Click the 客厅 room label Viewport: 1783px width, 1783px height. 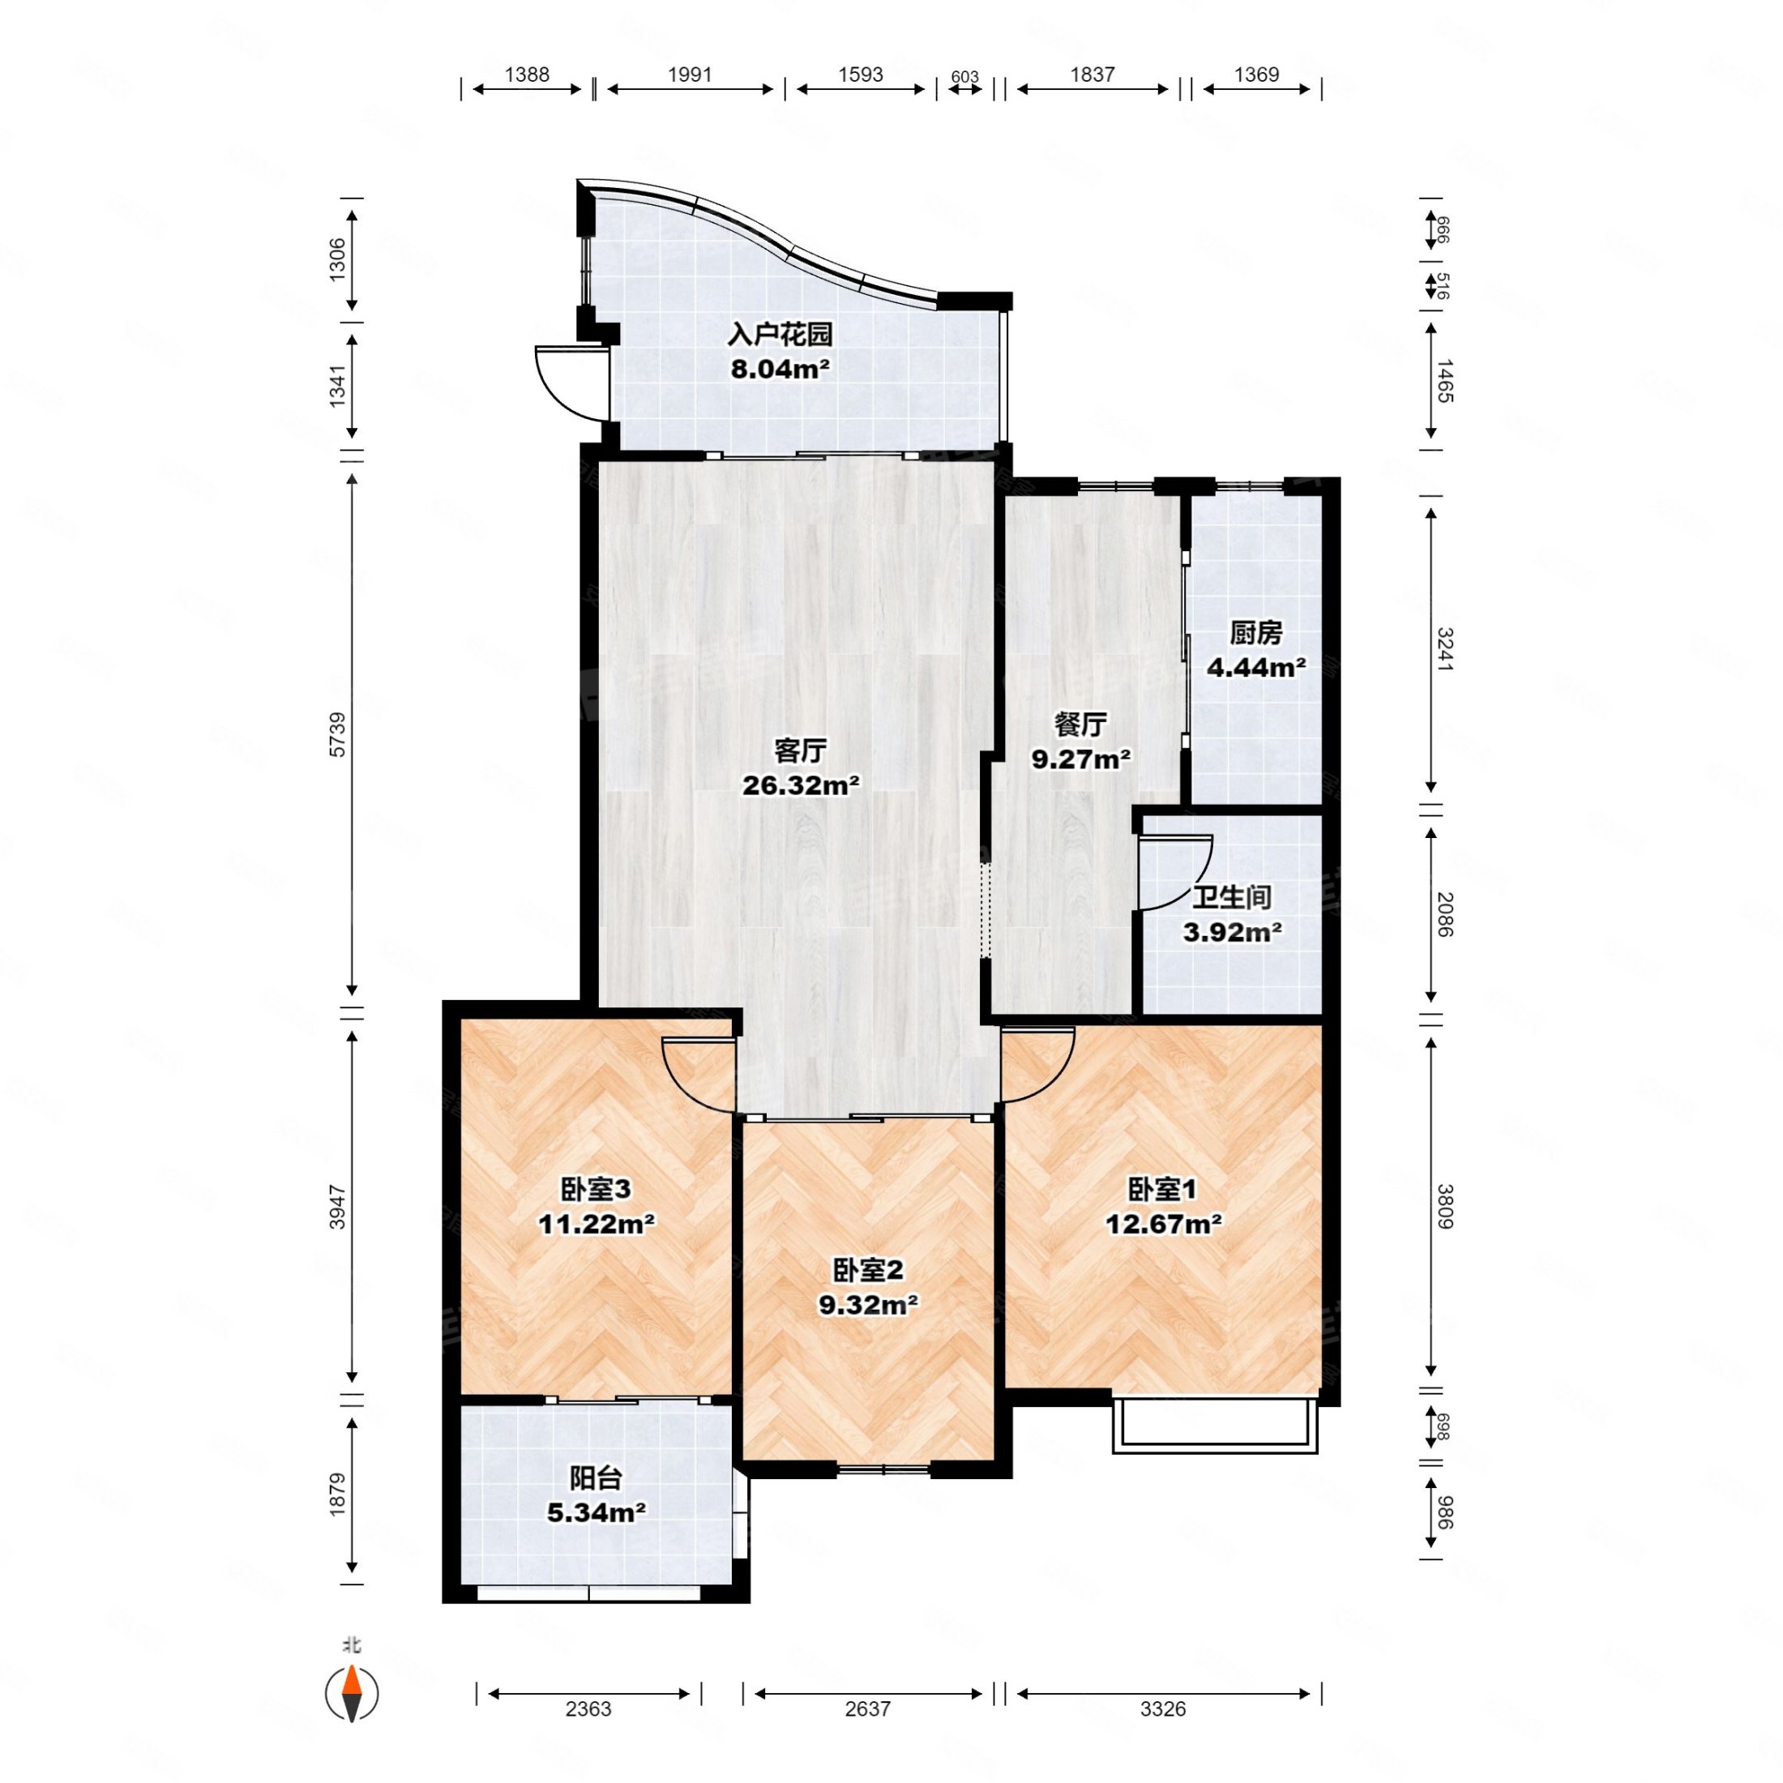[800, 751]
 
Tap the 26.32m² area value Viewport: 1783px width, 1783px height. [801, 786]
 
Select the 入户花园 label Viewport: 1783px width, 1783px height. [780, 334]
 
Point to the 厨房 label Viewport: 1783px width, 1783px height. [1256, 633]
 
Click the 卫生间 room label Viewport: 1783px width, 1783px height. [1232, 897]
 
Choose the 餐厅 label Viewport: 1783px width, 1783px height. [1080, 725]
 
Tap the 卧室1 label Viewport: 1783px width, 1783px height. [1163, 1190]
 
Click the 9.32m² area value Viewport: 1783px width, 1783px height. [869, 1305]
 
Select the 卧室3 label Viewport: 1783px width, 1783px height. [596, 1190]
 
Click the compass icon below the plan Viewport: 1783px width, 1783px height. [352, 1694]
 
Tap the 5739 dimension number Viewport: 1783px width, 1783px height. [338, 734]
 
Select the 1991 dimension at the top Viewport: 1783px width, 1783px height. [690, 75]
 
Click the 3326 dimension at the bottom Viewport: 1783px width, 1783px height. [1162, 1709]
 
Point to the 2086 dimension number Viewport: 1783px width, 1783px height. [1444, 914]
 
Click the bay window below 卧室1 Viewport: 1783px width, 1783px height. [1215, 1426]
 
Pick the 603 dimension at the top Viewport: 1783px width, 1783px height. [964, 77]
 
